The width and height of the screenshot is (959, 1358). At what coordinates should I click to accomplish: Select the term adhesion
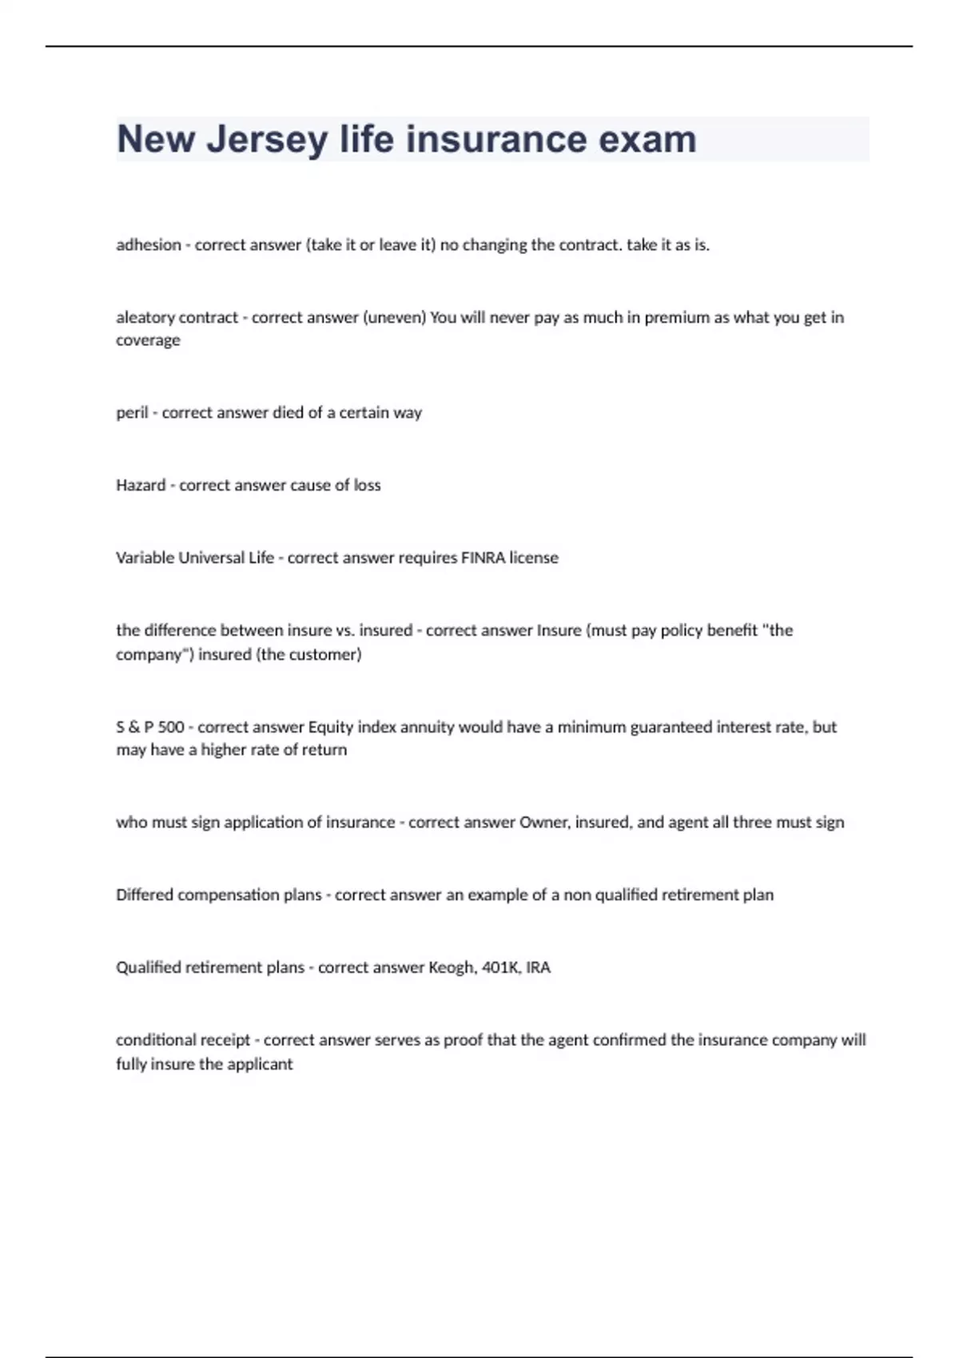pyautogui.click(x=149, y=245)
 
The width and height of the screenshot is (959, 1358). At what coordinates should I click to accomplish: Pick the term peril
pyautogui.click(x=132, y=413)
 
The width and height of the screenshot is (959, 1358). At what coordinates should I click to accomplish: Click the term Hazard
pyautogui.click(x=141, y=486)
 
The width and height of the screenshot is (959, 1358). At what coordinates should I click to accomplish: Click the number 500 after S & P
pyautogui.click(x=171, y=728)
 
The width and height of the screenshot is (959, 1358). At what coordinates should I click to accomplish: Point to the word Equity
pyautogui.click(x=330, y=728)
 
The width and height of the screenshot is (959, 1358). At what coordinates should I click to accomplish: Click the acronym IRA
pyautogui.click(x=538, y=968)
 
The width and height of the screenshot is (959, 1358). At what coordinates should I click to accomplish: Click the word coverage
pyautogui.click(x=148, y=341)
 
